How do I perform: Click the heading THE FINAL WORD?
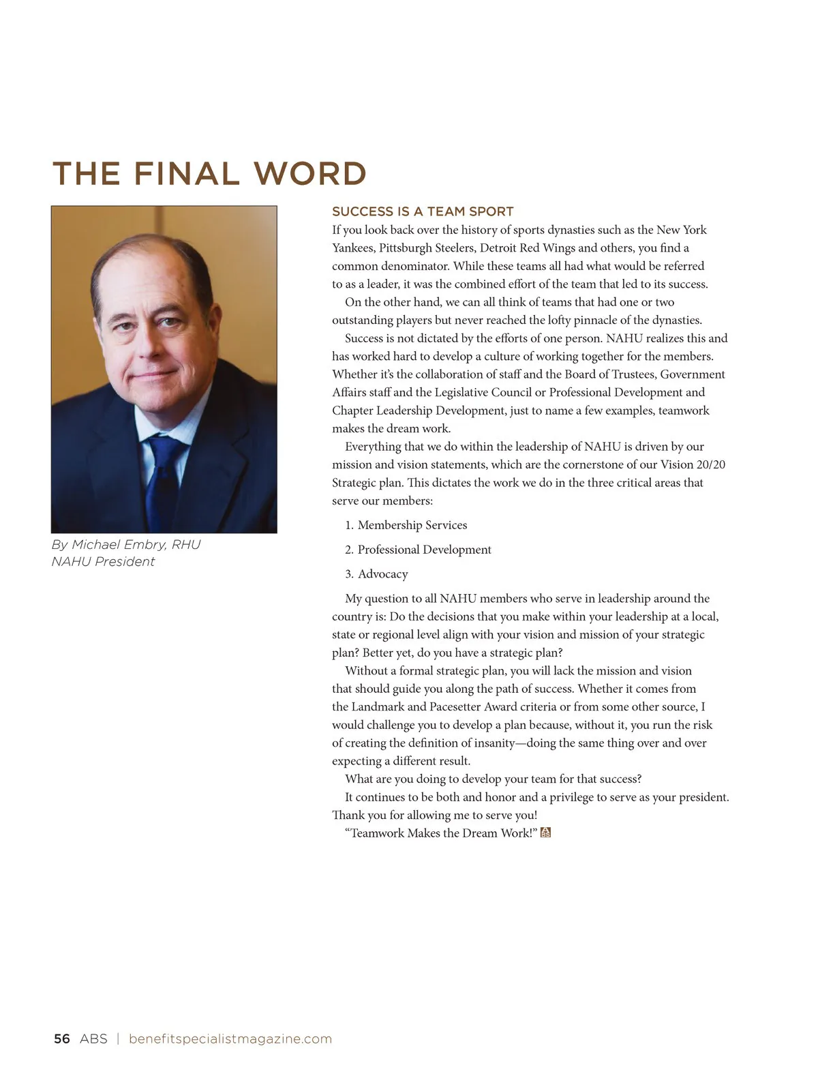click(209, 174)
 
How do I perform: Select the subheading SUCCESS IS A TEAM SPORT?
click(423, 212)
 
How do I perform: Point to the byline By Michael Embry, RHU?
click(126, 545)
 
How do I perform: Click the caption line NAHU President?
click(103, 562)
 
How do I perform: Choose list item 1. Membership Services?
click(406, 525)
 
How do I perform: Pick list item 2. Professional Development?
click(418, 550)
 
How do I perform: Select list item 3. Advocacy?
click(376, 574)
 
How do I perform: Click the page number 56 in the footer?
click(61, 1039)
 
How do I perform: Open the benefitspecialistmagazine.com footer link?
click(230, 1039)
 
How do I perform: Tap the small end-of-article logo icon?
click(545, 833)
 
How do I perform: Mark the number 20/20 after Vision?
click(711, 464)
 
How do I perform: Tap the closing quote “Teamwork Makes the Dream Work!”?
click(441, 833)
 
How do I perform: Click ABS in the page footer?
click(93, 1039)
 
